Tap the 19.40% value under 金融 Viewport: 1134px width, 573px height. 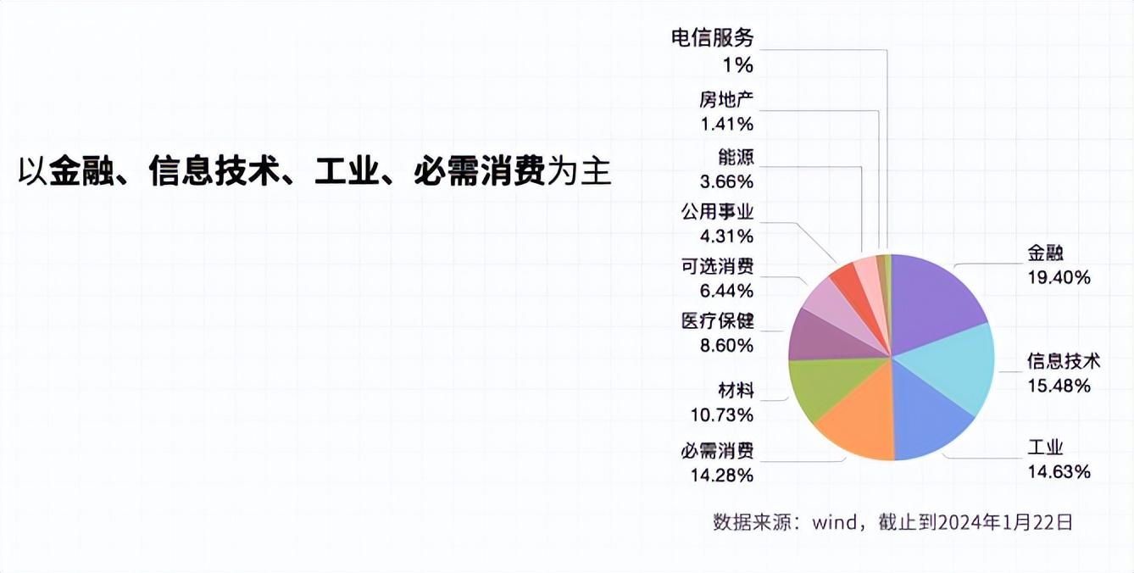[1059, 277]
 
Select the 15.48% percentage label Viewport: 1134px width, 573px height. [1059, 386]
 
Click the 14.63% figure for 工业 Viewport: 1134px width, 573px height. [1059, 472]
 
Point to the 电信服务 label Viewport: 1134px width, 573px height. [712, 38]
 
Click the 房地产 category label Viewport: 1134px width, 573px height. [726, 100]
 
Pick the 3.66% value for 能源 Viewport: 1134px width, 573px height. [727, 181]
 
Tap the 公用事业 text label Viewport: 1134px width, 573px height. [717, 211]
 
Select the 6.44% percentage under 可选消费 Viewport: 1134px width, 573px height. [727, 291]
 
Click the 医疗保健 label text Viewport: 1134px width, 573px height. [717, 321]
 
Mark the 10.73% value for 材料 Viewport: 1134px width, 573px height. [722, 414]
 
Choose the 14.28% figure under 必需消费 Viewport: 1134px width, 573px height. [722, 475]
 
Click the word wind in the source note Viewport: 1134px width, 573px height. [835, 521]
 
